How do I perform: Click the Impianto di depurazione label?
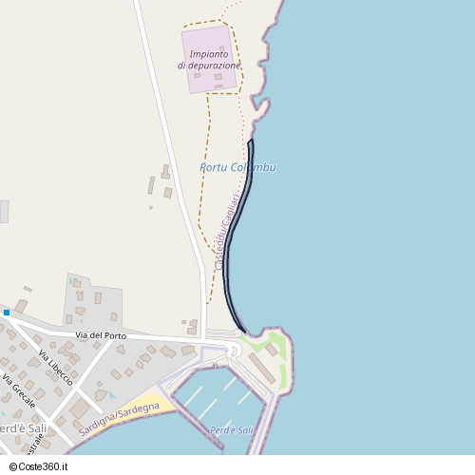pos(209,60)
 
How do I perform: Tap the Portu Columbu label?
pos(237,167)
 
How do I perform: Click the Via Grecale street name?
pos(20,389)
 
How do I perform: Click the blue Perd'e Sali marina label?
pos(233,430)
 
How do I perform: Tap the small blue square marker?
pos(6,312)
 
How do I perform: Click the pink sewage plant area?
pos(209,59)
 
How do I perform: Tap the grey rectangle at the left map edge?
pos(4,211)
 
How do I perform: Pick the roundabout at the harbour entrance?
pos(234,351)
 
